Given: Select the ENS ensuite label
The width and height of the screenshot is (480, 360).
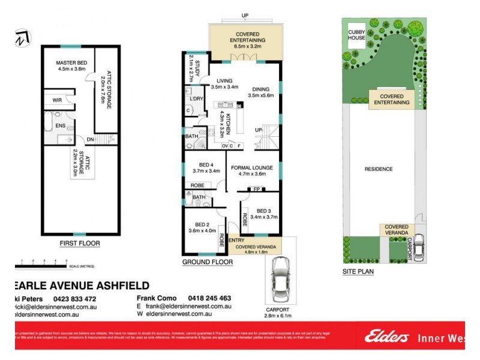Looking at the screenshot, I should click(61, 125).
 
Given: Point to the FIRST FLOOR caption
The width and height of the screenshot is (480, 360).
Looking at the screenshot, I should click(79, 244).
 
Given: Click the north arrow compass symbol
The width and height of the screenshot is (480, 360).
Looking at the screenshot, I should click(22, 37).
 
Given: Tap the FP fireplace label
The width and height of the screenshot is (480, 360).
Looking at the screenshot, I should click(256, 190).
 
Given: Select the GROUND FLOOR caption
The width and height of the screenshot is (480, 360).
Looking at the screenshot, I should click(207, 262).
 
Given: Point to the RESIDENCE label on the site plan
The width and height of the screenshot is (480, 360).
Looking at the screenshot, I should click(379, 169).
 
